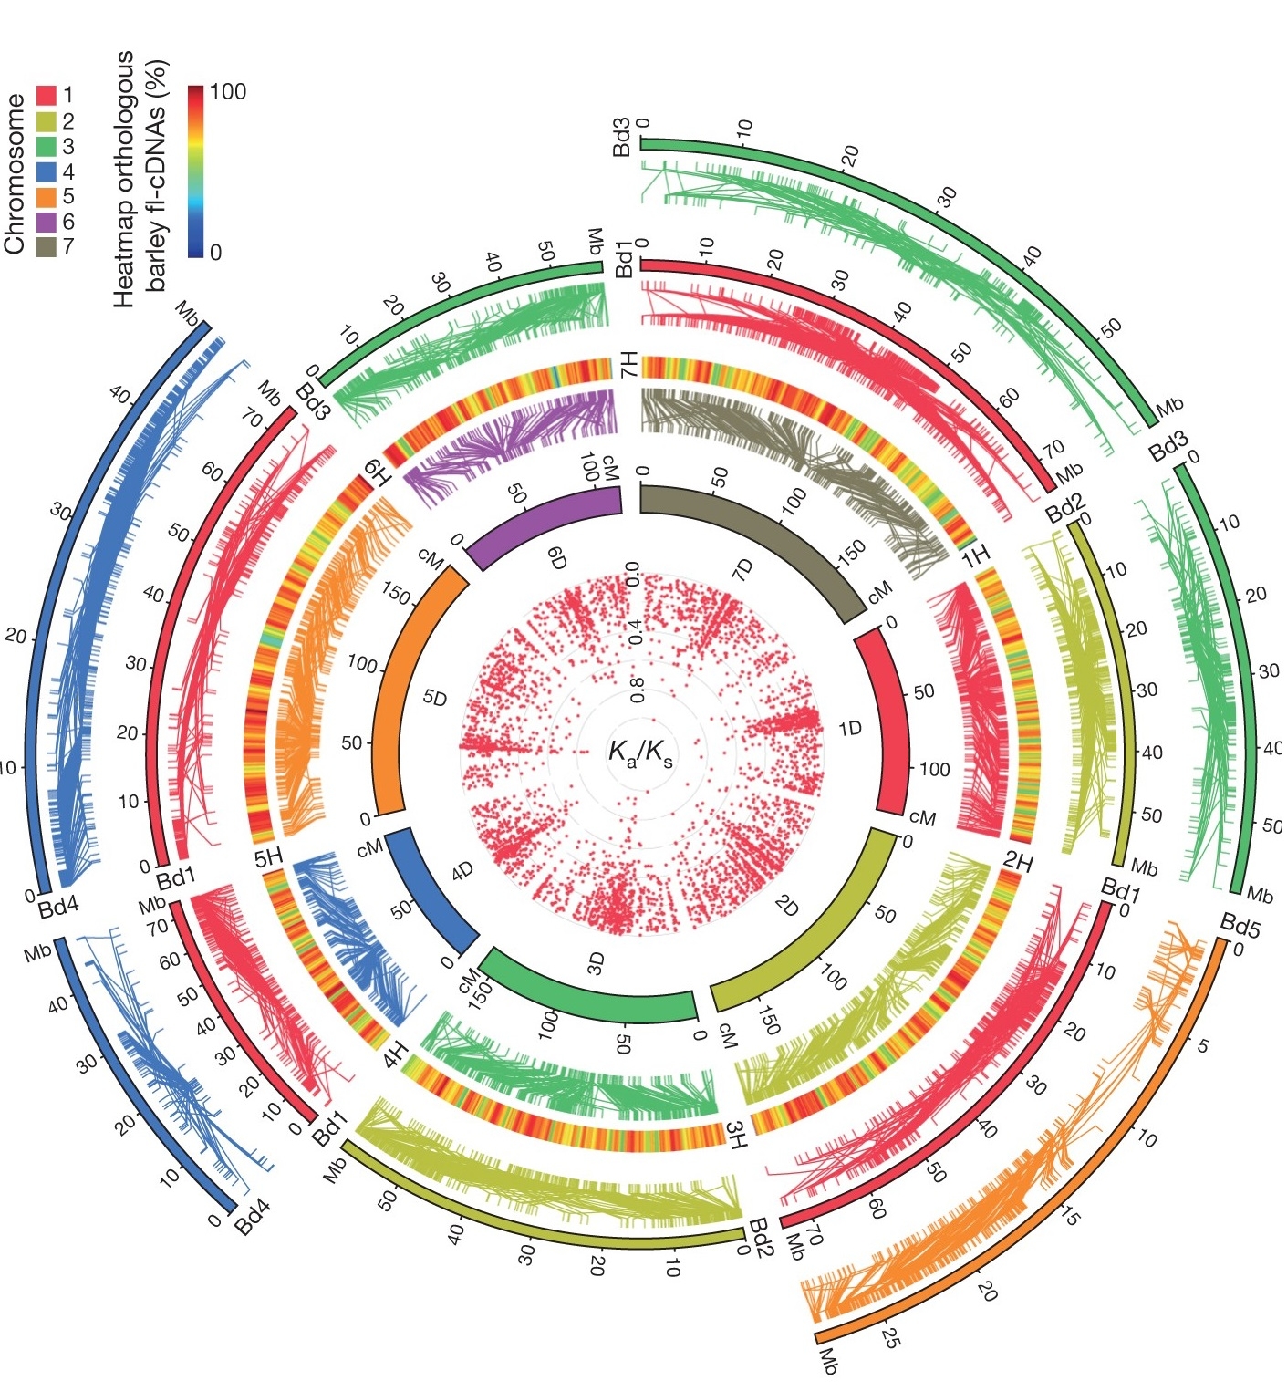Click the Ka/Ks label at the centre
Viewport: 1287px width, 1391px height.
[640, 753]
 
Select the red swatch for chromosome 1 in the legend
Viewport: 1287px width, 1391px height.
[47, 95]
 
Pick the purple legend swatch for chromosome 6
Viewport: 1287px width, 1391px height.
[47, 222]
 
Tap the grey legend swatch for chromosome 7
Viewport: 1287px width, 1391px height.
[47, 246]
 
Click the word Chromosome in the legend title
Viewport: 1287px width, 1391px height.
[15, 173]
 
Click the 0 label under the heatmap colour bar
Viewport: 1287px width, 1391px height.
[215, 253]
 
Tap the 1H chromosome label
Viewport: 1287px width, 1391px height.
[976, 555]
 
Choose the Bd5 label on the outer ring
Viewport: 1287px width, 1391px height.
[1240, 924]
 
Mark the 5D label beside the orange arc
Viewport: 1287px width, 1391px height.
[435, 699]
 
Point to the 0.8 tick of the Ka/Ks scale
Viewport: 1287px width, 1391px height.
[638, 690]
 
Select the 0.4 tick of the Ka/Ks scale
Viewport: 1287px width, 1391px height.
[637, 631]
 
